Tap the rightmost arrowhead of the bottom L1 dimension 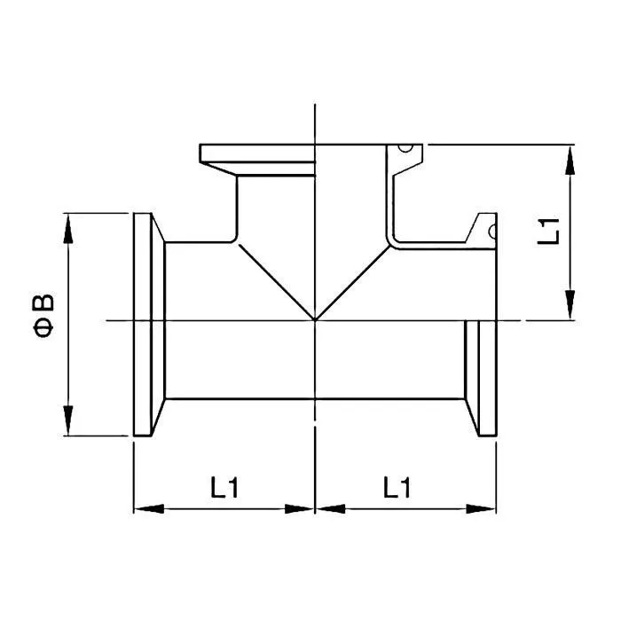click(x=483, y=509)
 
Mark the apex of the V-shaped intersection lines click(x=315, y=319)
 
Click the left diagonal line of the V click(x=275, y=279)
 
